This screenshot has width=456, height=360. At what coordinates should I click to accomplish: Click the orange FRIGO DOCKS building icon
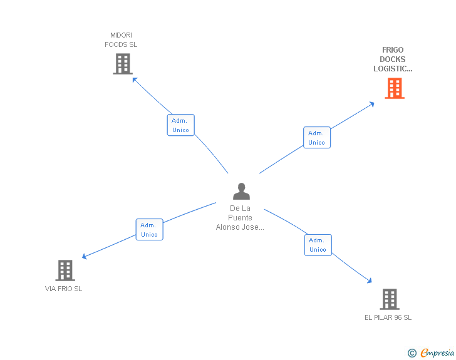point(395,88)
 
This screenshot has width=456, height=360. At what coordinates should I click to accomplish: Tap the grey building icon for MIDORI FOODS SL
point(123,64)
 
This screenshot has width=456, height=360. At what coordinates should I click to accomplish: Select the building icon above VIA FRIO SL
point(65,270)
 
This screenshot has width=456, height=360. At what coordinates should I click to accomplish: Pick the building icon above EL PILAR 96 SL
point(390,299)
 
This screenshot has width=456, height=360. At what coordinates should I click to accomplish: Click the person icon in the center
point(241,191)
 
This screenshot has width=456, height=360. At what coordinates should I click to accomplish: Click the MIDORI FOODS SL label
point(121,40)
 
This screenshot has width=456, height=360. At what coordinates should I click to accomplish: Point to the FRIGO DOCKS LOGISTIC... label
point(393,59)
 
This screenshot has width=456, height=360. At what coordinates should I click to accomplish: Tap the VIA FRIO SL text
point(63,289)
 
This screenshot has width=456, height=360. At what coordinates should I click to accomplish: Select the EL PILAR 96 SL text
point(388,317)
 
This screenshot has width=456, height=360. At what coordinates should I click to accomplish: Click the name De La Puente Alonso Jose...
point(240,218)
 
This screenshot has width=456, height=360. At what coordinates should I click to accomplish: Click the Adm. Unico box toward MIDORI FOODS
point(180,125)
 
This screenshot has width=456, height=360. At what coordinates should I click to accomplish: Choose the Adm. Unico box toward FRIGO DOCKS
point(317,138)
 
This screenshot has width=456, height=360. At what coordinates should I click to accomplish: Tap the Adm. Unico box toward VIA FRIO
point(149,229)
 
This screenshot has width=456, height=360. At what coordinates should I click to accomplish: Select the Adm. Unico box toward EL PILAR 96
point(318,245)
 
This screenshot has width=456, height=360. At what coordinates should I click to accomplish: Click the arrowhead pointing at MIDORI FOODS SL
point(135,80)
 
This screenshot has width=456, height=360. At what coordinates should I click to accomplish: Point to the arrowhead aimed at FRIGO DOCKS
point(371,104)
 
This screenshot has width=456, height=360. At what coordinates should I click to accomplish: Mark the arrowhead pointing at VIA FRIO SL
point(85,256)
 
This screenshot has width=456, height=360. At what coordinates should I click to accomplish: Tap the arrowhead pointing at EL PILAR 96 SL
point(370,280)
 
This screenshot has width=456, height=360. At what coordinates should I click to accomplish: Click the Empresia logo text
point(437,352)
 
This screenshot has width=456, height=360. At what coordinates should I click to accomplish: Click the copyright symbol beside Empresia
point(412,353)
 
